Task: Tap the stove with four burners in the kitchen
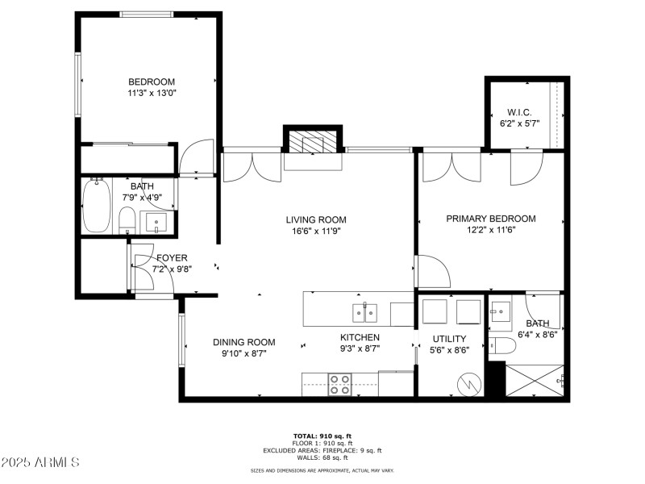click(339, 384)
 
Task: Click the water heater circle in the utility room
click(468, 383)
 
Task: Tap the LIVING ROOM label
click(316, 219)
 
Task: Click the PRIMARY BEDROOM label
click(491, 219)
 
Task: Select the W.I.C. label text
click(519, 112)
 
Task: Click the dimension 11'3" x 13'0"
click(152, 93)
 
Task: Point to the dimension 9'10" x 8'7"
click(243, 353)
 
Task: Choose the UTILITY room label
click(449, 338)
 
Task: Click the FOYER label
click(172, 258)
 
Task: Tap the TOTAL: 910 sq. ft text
click(322, 436)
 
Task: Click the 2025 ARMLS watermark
click(40, 462)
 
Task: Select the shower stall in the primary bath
click(534, 379)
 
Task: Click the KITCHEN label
click(360, 337)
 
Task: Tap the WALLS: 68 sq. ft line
click(322, 457)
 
